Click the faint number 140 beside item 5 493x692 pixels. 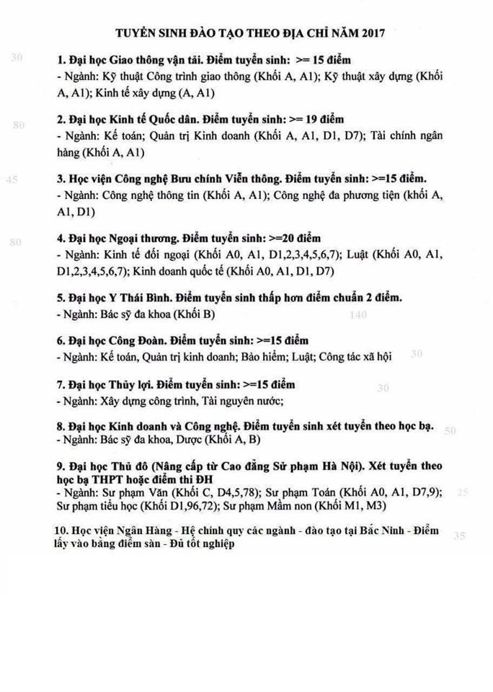[357, 315]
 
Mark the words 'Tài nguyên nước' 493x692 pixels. [243, 401]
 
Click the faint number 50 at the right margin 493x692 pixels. [450, 431]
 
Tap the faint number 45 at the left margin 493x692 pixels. [12, 180]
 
